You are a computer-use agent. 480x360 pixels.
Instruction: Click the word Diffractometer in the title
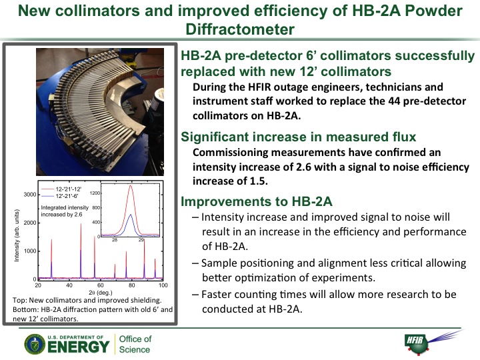(240, 29)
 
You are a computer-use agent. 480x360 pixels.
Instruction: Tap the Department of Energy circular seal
(35, 345)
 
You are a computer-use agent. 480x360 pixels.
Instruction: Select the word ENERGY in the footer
(79, 347)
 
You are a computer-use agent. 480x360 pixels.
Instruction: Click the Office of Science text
(135, 344)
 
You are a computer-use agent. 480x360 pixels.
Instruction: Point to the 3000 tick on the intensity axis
(30, 195)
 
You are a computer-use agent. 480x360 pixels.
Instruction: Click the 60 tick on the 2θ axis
(101, 285)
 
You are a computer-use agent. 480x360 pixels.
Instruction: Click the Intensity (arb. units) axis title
(17, 235)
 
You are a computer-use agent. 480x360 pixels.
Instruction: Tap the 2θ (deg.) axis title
(101, 293)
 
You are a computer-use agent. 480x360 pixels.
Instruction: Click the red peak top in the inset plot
(131, 185)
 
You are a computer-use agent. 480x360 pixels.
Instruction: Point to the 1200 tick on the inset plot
(95, 193)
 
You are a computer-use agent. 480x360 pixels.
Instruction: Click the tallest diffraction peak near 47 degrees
(81, 224)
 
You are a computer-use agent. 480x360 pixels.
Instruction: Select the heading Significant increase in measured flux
(299, 137)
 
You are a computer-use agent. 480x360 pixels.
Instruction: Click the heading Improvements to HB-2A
(257, 201)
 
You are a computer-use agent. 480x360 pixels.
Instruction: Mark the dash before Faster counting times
(195, 295)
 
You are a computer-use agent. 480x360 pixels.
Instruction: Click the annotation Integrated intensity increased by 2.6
(65, 211)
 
